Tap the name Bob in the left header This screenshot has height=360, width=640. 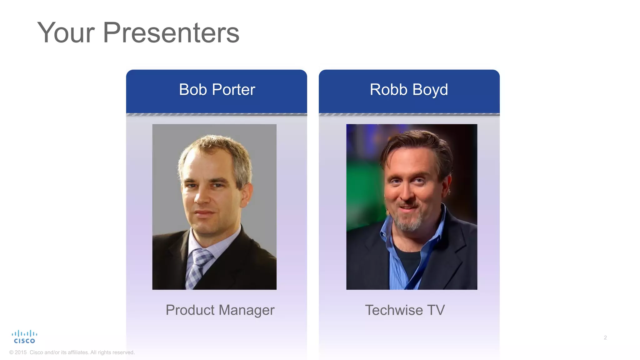pyautogui.click(x=193, y=90)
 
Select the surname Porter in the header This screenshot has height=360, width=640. pyautogui.click(x=233, y=90)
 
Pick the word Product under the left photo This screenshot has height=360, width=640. pyautogui.click(x=190, y=310)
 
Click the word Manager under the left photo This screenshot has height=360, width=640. pyautogui.click(x=247, y=310)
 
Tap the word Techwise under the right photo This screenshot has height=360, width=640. pyautogui.click(x=394, y=310)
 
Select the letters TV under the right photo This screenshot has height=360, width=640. pyautogui.click(x=436, y=310)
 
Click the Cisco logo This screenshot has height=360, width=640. pyautogui.click(x=24, y=337)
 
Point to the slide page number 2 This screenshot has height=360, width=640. pyautogui.click(x=605, y=337)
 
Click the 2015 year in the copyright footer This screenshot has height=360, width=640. pyautogui.click(x=21, y=352)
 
